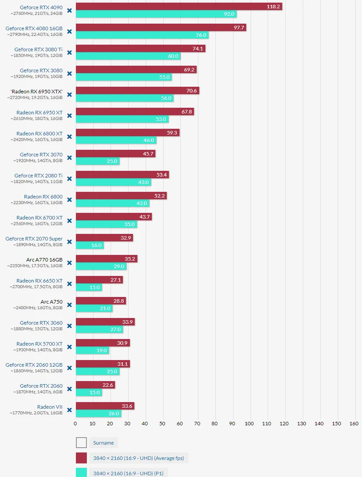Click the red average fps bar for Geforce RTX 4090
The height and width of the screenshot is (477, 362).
click(179, 7)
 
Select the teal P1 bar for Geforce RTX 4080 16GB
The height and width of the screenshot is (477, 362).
click(142, 35)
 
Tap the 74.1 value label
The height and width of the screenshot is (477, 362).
click(197, 49)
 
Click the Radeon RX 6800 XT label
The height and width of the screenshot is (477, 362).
click(39, 134)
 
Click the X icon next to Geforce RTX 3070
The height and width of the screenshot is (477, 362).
click(69, 158)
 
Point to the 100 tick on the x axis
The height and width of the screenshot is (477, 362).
click(249, 424)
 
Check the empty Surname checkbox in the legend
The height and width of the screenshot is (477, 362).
click(81, 443)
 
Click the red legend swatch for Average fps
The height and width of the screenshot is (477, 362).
click(81, 458)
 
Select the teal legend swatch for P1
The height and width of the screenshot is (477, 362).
click(81, 473)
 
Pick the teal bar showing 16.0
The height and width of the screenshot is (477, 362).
click(90, 245)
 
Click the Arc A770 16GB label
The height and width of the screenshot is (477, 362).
click(44, 259)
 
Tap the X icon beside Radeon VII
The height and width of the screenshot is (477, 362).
click(69, 410)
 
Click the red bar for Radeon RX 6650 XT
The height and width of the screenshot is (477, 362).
click(99, 279)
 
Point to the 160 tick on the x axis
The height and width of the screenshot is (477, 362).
click(354, 424)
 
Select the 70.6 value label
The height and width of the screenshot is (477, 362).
click(191, 91)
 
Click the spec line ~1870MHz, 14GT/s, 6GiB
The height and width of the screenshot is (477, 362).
click(38, 392)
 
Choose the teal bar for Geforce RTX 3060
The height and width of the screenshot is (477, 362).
click(99, 329)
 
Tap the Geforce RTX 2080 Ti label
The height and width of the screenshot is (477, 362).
click(39, 176)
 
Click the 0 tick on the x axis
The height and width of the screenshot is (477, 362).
click(75, 424)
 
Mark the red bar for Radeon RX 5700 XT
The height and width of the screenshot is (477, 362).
click(103, 343)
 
